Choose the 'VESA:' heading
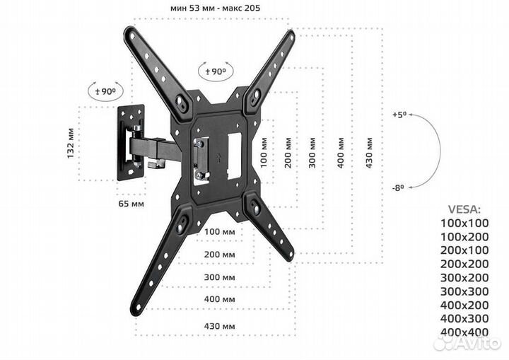(x=463, y=209)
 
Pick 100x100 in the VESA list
(x=464, y=223)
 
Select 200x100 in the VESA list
(x=464, y=250)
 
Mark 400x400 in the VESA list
(x=464, y=332)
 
